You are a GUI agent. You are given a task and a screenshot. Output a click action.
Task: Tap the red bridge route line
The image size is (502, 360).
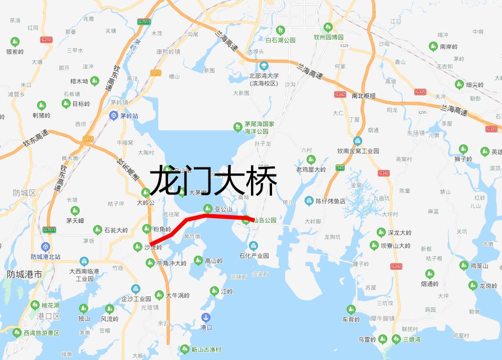[220, 216]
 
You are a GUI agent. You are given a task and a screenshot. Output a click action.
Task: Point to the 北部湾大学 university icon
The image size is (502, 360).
[264, 66]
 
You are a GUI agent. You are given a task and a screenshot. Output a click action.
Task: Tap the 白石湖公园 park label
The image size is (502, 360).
[281, 40]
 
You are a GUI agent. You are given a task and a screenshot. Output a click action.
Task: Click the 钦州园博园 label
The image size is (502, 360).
[329, 37]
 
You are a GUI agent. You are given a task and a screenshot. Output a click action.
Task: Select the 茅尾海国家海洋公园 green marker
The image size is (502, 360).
[238, 127]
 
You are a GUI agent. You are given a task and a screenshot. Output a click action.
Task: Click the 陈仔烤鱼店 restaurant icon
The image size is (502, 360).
[309, 201]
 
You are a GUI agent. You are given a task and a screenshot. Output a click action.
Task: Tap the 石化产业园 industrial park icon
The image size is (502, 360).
[254, 246]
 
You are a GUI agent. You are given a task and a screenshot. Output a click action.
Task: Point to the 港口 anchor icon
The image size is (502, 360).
[205, 317]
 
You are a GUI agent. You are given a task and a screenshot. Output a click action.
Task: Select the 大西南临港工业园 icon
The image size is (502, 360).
[84, 262]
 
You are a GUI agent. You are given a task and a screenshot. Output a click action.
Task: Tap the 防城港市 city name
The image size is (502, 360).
[25, 275]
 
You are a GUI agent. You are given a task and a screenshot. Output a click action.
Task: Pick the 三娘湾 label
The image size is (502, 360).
[412, 339]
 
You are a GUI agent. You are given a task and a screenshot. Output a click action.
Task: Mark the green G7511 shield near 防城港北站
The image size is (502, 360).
[49, 230]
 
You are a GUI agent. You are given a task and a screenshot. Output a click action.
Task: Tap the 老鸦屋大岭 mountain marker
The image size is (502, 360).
[311, 160]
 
